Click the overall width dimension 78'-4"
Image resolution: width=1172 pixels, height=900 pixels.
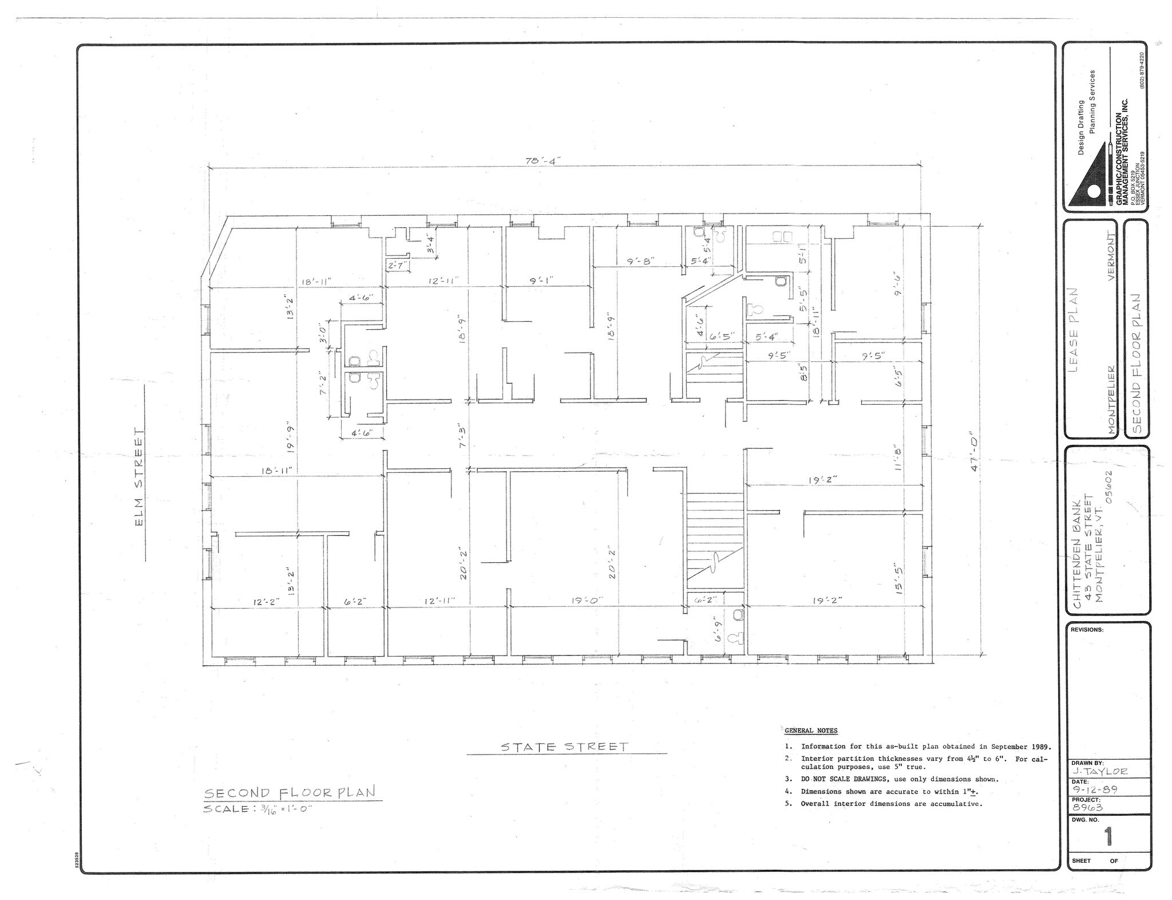pos(539,161)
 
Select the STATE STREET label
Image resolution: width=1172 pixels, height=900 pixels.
pos(564,747)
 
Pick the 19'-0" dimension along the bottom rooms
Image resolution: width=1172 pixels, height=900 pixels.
pos(585,601)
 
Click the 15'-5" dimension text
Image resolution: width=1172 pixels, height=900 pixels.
pos(899,579)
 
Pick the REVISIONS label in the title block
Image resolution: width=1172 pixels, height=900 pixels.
pos(1087,629)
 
